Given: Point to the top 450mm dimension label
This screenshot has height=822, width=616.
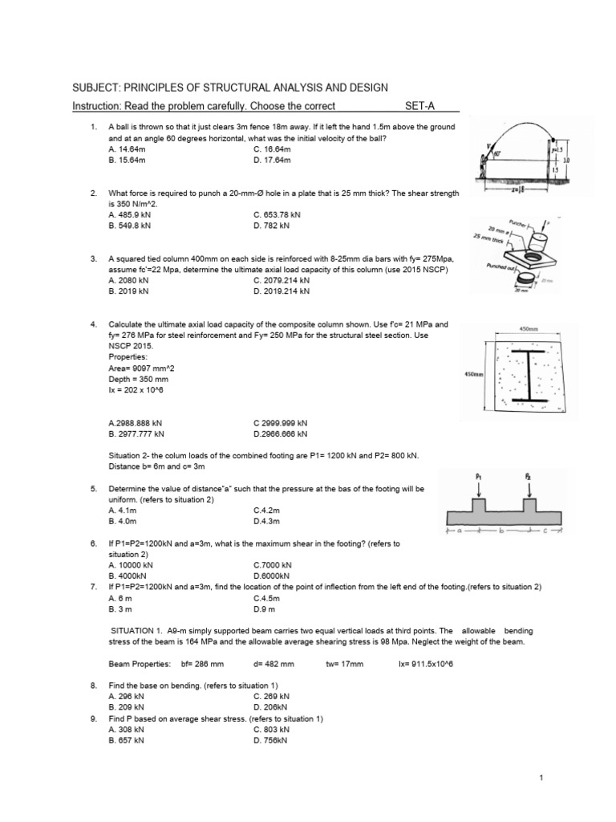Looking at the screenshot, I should coord(529,328).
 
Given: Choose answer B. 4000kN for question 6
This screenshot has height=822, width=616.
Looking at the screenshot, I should coord(128,576).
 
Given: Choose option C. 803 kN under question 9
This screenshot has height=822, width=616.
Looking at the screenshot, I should coord(271,730).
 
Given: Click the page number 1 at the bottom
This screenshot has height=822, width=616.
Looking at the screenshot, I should coord(543,778).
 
